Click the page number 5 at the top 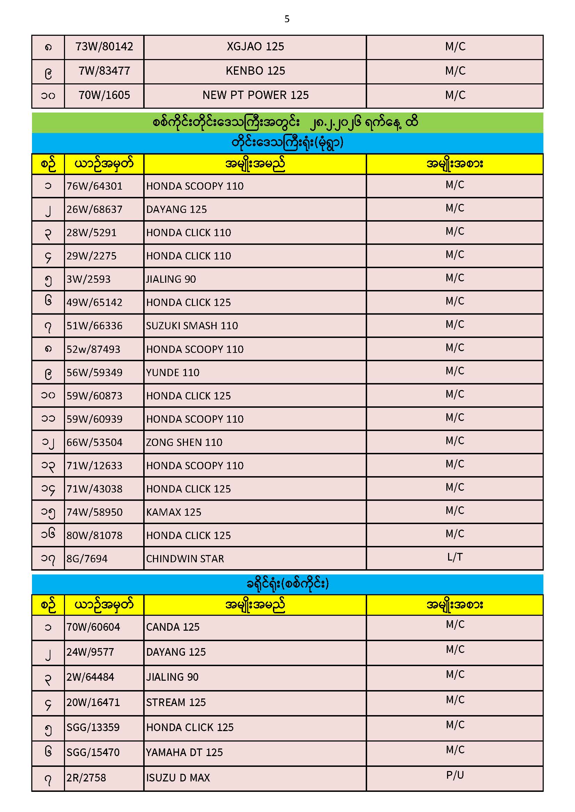click(x=287, y=19)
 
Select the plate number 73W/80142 click(x=104, y=47)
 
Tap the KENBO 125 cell click(x=255, y=71)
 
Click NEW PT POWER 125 click(x=255, y=95)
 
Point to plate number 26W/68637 click(x=94, y=209)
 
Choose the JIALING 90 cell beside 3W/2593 click(x=171, y=279)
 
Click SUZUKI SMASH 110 click(x=192, y=326)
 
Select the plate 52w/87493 click(x=94, y=349)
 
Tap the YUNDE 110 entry click(x=173, y=373)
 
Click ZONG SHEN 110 click(x=184, y=442)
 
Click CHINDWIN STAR click(x=185, y=559)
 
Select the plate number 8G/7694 click(x=87, y=559)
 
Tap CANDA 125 click(x=173, y=627)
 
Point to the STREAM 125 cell click(x=176, y=702)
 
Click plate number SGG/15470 click(x=93, y=752)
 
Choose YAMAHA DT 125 click(x=184, y=752)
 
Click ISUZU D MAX click(x=178, y=778)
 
